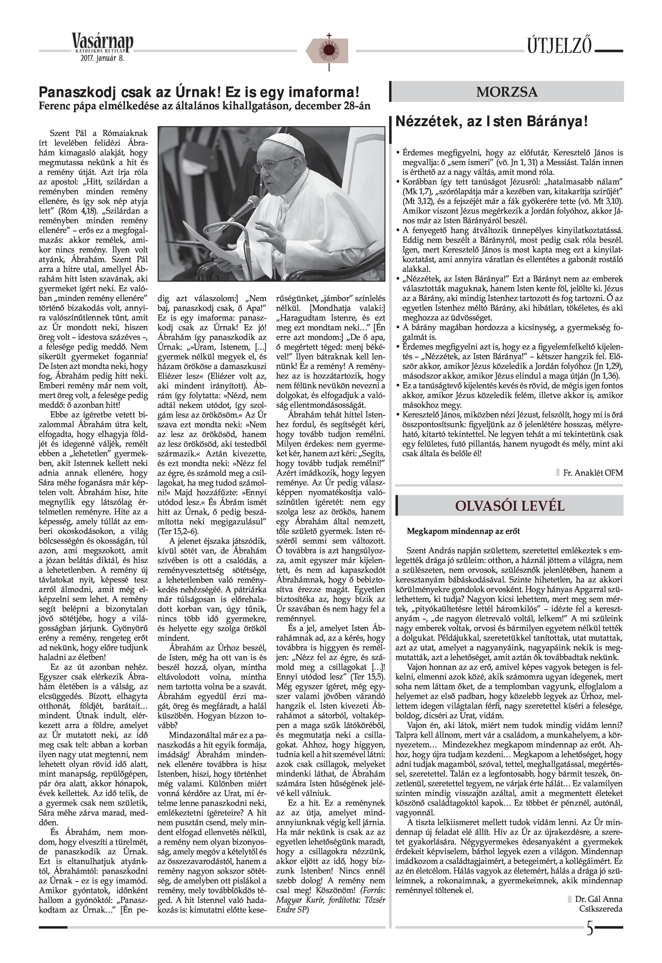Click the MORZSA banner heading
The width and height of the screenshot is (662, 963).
coord(507,92)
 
